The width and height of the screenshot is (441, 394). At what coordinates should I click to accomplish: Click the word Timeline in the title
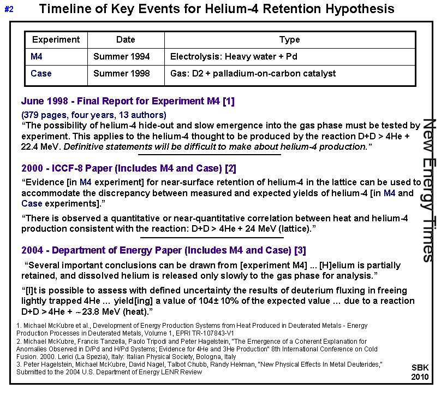point(65,9)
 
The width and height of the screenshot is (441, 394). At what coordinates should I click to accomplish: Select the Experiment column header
point(56,39)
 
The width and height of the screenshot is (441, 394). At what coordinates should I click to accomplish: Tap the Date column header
point(126,39)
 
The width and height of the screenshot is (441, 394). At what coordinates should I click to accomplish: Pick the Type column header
point(289,39)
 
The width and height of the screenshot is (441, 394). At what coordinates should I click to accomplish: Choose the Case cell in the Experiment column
point(41,73)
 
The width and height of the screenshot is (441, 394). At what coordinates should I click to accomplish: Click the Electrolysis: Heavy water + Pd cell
point(234,56)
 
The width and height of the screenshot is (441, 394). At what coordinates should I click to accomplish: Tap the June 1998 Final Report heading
point(128,101)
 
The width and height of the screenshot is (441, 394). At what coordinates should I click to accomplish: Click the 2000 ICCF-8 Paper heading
point(129,168)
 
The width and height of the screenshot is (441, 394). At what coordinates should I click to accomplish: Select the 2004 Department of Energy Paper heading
point(163,250)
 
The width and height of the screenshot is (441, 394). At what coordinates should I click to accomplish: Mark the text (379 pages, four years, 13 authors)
point(93,115)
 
